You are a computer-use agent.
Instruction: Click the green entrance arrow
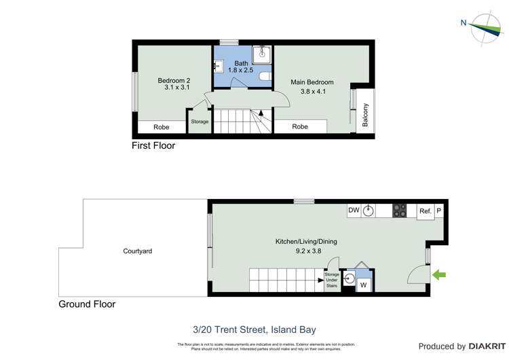click(439, 275)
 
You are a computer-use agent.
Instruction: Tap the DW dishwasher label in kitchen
click(353, 211)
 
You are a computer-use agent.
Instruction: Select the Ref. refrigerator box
click(425, 211)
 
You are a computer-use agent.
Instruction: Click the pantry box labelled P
click(438, 211)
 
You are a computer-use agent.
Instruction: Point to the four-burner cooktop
click(399, 211)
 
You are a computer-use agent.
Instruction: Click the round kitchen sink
click(368, 211)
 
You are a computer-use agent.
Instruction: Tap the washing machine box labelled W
click(364, 285)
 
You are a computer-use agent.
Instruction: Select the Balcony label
click(366, 114)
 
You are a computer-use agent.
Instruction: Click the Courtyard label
click(137, 251)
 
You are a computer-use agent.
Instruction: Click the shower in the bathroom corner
click(262, 54)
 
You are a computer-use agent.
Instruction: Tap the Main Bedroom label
click(312, 83)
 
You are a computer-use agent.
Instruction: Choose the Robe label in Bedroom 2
click(161, 127)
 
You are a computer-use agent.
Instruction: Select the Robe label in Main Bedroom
click(300, 127)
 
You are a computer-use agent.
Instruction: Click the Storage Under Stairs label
click(331, 279)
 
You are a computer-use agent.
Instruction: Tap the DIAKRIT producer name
click(483, 346)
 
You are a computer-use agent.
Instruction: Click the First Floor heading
click(153, 145)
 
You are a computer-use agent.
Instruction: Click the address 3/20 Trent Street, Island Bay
click(254, 330)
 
